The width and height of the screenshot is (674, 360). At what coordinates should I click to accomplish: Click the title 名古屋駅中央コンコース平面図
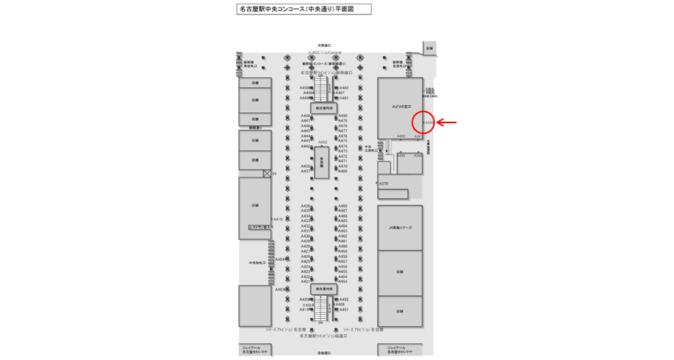pos(304,10)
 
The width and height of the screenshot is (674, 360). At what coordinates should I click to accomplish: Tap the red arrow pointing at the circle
pos(447,122)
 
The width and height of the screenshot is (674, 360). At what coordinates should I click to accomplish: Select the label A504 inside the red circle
pos(428,122)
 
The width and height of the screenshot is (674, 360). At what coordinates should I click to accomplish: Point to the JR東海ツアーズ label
pos(400,228)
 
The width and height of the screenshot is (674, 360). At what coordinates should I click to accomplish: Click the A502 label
pos(323,142)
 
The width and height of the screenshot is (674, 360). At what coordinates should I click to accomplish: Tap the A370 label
pos(383,184)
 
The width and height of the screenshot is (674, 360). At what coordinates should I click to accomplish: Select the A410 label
pos(277,219)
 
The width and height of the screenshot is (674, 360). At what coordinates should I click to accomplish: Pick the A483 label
pos(280,290)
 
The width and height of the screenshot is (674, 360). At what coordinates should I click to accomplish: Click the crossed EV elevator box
pos(267,174)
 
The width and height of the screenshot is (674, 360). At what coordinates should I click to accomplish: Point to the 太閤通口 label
pos(324,45)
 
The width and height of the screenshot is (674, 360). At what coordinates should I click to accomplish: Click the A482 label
pos(343,88)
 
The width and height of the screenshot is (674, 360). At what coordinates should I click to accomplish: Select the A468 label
pos(343,206)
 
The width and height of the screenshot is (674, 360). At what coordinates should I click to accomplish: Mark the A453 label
pos(343,282)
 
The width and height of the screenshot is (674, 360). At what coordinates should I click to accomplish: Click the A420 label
pos(305,299)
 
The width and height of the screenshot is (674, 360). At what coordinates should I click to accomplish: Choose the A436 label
pos(305,206)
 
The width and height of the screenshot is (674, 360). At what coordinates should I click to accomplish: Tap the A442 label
pos(305,147)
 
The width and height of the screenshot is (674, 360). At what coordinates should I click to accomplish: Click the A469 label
pos(343,171)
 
